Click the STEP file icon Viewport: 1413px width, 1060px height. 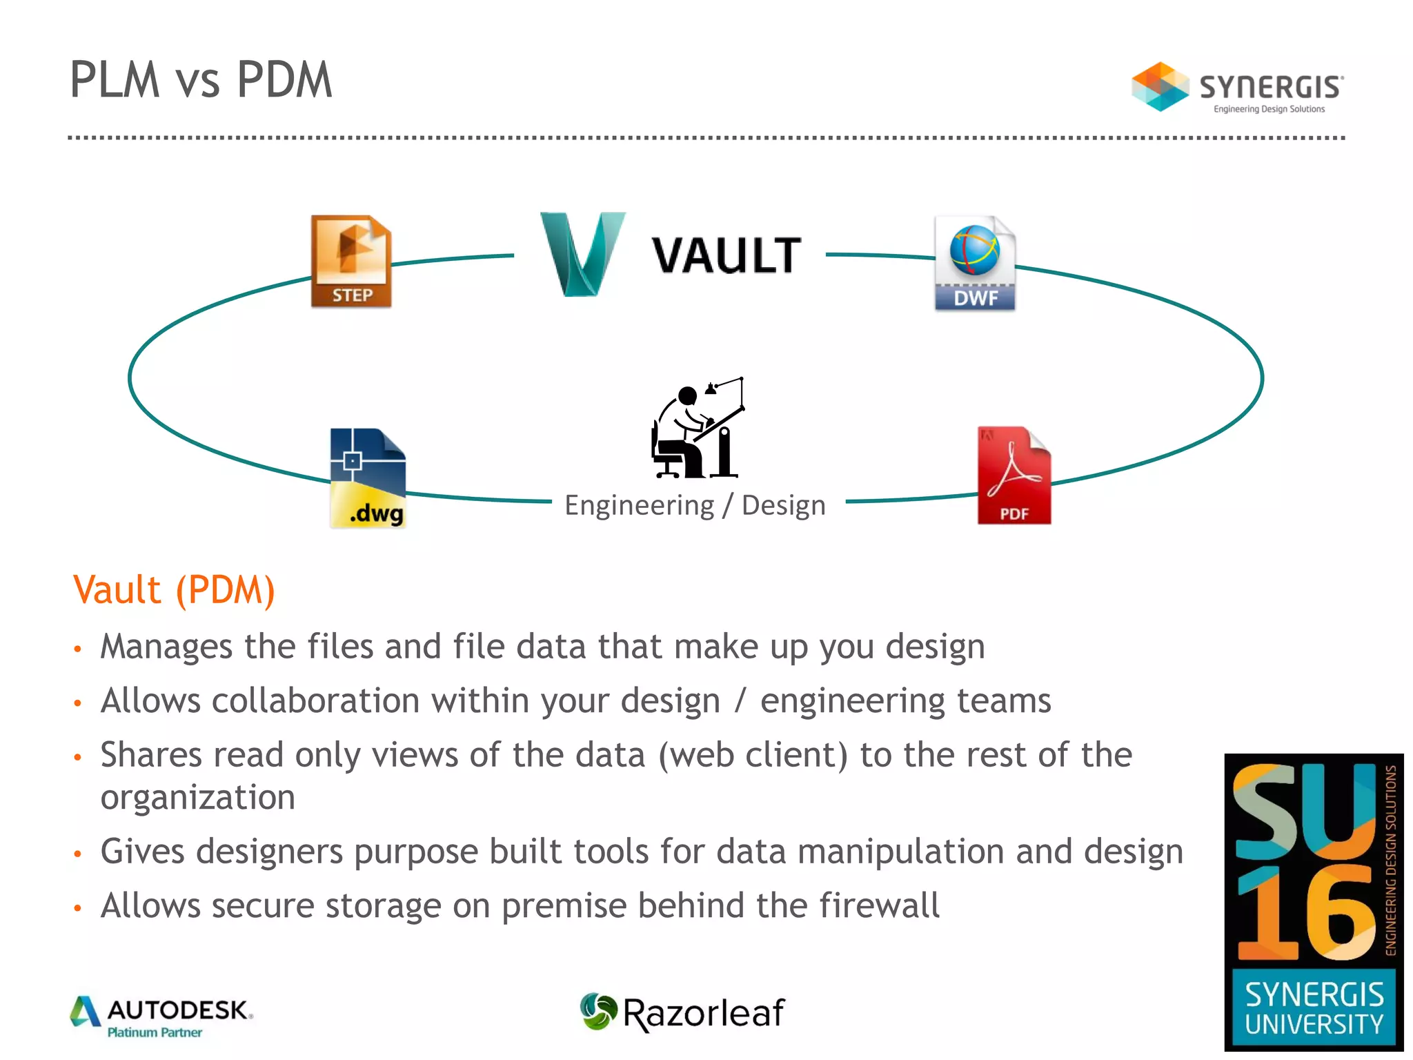(351, 261)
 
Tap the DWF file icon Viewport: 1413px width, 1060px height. (975, 263)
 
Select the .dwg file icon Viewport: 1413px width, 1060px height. (368, 478)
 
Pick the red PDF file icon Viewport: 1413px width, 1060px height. (1014, 475)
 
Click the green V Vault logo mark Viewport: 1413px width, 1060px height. (582, 254)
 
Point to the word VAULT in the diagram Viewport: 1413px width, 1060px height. (727, 256)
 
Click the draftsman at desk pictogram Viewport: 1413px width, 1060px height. (698, 428)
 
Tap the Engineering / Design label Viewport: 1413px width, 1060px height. (695, 505)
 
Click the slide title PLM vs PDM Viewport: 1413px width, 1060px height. (201, 80)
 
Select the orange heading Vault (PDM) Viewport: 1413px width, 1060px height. (174, 590)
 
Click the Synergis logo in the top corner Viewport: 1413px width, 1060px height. (1237, 88)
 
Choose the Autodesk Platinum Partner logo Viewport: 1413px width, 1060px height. (162, 1017)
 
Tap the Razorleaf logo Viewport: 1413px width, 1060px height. (682, 1013)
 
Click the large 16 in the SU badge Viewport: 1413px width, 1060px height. (1306, 912)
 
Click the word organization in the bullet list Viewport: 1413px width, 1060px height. (198, 798)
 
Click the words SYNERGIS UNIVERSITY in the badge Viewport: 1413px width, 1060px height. (1314, 1009)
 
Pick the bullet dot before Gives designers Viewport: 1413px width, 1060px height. (78, 854)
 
